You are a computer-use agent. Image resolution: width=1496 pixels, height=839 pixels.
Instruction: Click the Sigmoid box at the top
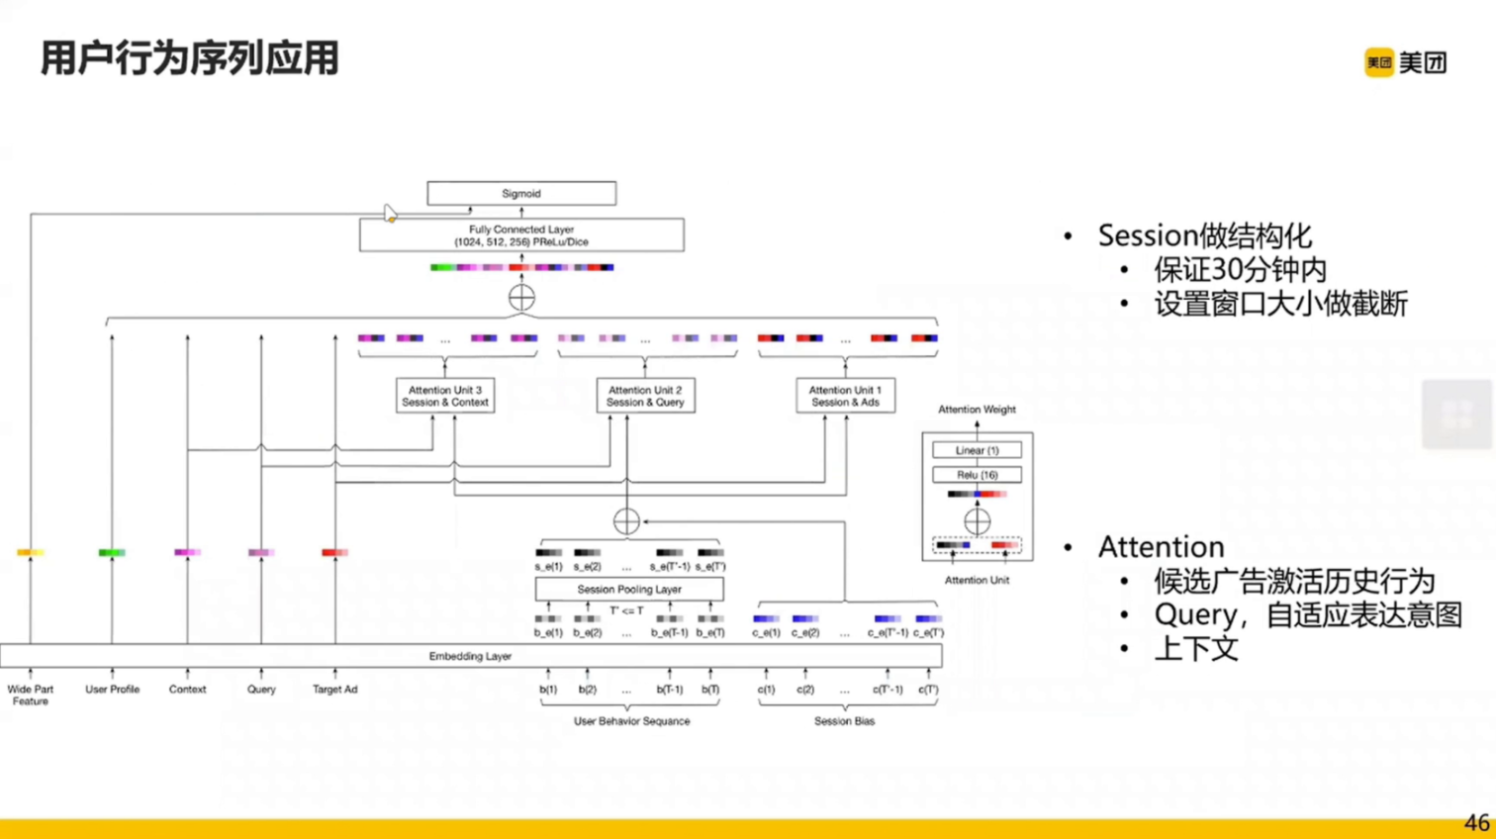pos(521,193)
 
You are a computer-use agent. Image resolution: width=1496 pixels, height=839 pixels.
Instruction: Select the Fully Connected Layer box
pos(521,235)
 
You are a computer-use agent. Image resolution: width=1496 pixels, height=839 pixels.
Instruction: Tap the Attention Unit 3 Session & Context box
pos(445,396)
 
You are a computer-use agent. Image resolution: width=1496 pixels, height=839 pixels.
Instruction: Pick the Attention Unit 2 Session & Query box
pos(645,396)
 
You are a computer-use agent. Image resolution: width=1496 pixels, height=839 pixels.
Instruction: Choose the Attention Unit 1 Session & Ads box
pos(845,396)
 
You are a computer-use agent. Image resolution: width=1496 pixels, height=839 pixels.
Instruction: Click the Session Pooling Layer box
pos(629,590)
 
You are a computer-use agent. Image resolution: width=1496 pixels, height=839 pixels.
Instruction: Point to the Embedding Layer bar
pos(470,656)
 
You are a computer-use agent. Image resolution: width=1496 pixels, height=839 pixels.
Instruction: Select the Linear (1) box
pos(977,450)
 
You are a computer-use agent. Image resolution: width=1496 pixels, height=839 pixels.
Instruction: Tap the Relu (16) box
pos(977,475)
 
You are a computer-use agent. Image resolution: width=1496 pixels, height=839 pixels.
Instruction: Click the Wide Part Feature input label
pos(31,695)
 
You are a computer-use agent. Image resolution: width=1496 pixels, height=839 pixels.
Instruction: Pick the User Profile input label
pos(112,690)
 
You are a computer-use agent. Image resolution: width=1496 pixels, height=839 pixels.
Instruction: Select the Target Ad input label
pos(334,690)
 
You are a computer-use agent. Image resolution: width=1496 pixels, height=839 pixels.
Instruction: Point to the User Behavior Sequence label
pos(631,721)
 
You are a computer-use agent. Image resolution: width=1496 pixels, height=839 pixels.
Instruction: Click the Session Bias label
pos(844,721)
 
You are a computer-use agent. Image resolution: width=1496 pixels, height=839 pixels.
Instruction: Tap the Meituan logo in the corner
pos(1405,62)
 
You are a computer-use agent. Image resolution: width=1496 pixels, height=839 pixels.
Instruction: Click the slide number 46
pos(1476,823)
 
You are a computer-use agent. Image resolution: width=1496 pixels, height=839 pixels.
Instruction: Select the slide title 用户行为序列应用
pos(190,58)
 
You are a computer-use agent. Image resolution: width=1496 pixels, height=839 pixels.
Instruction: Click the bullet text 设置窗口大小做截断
pos(1280,304)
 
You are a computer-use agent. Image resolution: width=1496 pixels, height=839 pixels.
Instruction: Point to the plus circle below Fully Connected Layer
pos(521,297)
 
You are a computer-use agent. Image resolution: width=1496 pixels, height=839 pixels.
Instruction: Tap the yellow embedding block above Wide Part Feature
pos(30,552)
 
